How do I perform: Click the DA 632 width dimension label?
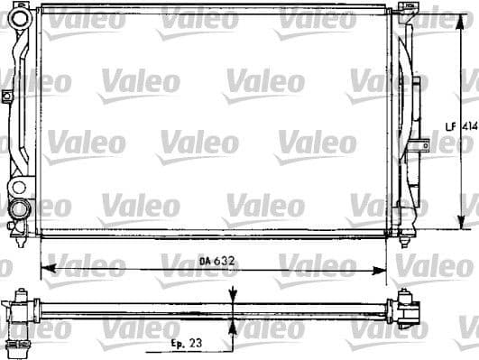(x=216, y=261)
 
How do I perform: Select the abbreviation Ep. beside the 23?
(x=180, y=344)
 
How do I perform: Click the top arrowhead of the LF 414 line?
(x=463, y=16)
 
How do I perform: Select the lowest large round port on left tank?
(x=18, y=209)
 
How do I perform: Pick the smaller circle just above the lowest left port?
(x=19, y=188)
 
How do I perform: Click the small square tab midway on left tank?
(x=7, y=96)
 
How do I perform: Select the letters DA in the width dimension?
(x=205, y=261)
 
